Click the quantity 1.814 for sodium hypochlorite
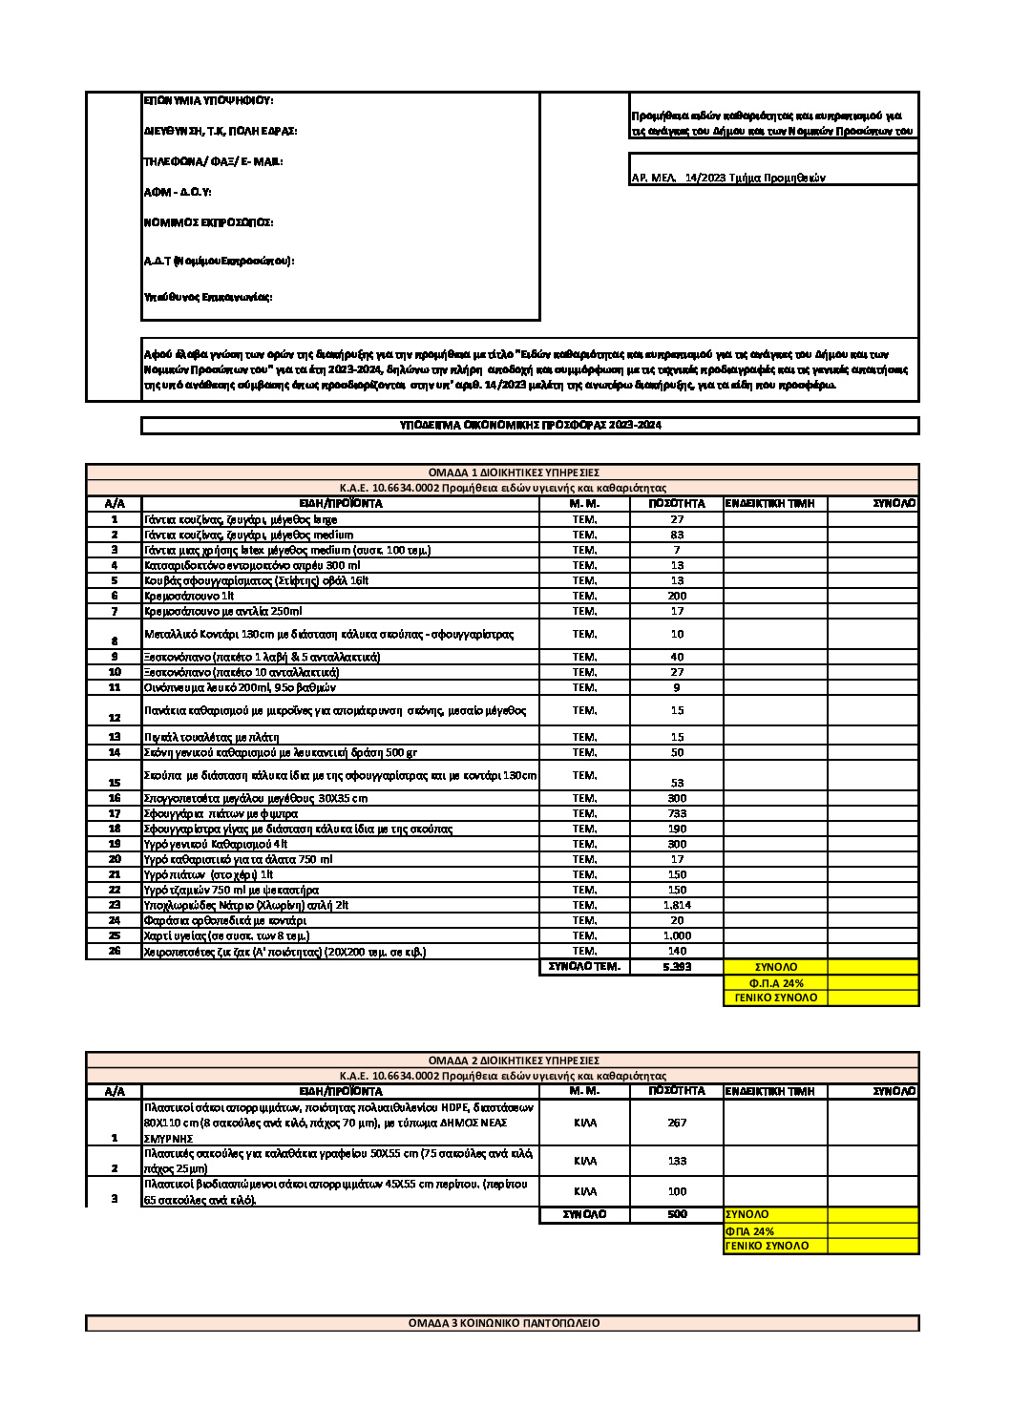[677, 905]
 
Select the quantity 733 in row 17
[677, 813]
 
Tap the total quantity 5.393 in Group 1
[677, 967]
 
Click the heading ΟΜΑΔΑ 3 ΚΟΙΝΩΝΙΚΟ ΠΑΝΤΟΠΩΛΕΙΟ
[503, 1323]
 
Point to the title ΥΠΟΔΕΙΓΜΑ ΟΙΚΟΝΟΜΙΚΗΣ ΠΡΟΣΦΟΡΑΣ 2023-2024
[530, 426]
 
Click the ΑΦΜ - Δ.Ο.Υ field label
[177, 193]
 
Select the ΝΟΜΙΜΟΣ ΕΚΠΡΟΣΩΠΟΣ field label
[208, 222]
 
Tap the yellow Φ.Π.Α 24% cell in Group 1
[775, 982]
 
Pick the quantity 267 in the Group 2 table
[677, 1123]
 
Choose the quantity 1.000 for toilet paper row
[677, 935]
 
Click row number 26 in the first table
[114, 951]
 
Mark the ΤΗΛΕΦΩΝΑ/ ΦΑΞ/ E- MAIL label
[213, 161]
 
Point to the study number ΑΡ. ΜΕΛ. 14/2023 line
[728, 178]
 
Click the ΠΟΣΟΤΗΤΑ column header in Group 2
[677, 1090]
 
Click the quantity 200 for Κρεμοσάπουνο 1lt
[677, 596]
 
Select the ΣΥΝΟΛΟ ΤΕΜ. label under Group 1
[584, 967]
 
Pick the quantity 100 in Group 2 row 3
[677, 1191]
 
